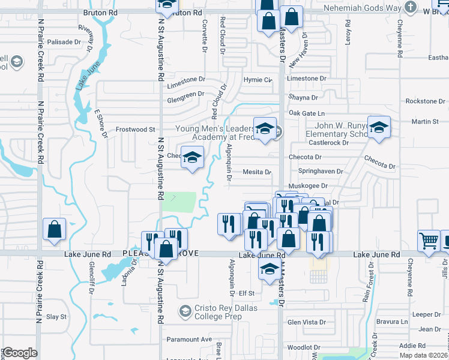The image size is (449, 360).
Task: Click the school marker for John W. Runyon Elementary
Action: point(379,127)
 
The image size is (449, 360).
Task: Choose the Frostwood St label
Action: point(135,129)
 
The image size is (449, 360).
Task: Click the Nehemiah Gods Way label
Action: point(361,8)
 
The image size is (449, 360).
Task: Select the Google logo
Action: point(20,352)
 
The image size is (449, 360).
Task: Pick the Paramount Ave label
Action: point(190,339)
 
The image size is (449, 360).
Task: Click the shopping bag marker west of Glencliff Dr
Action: point(55,229)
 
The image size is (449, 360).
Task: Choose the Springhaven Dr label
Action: point(323,171)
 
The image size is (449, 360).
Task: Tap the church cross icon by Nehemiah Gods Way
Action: point(410,8)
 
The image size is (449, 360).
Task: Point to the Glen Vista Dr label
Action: point(307,322)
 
